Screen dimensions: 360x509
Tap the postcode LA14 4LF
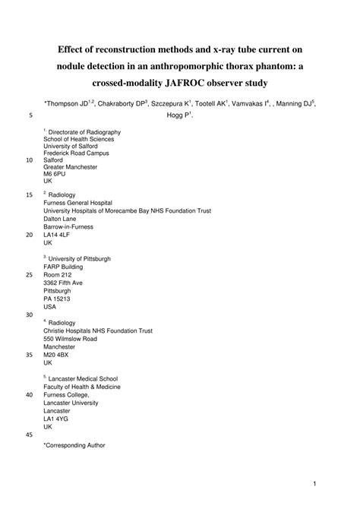click(58, 235)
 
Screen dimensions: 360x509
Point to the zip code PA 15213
click(58, 299)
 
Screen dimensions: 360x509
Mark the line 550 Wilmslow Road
click(74, 339)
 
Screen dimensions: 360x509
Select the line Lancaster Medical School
click(83, 378)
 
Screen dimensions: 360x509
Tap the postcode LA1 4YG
click(56, 418)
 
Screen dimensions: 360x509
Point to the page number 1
click(313, 483)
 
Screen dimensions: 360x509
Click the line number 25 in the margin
click(29, 274)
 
